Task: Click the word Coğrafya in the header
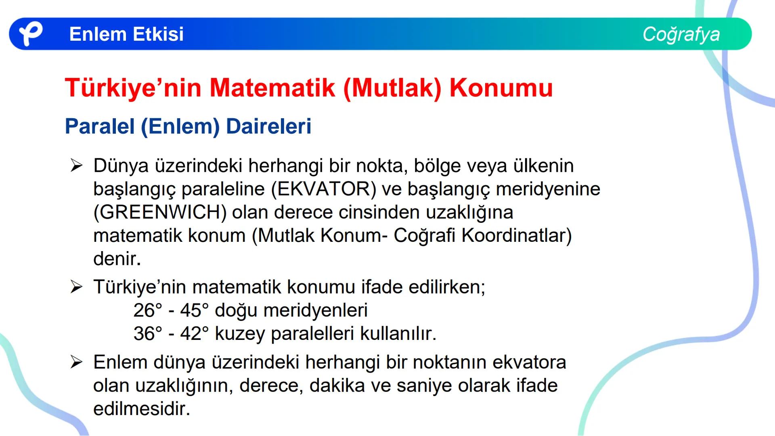(x=681, y=34)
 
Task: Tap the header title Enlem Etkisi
(x=126, y=34)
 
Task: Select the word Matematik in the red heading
(x=272, y=88)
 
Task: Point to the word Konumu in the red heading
(x=501, y=88)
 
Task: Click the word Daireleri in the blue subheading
(x=269, y=126)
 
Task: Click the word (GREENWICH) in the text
(x=160, y=212)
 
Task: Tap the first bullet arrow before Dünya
(x=76, y=166)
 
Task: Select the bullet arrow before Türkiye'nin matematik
(x=76, y=287)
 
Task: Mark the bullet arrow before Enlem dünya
(x=76, y=362)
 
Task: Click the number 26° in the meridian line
(x=148, y=310)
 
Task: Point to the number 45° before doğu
(x=195, y=310)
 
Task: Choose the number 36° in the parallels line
(x=148, y=334)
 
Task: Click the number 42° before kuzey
(x=195, y=334)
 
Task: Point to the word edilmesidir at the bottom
(x=141, y=409)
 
